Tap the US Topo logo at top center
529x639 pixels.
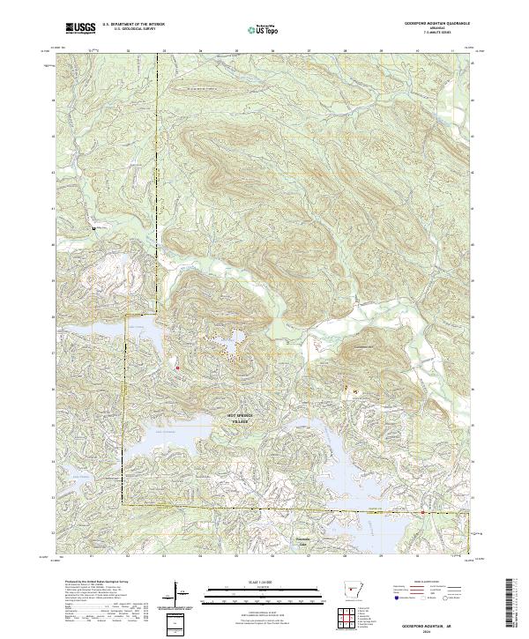264,28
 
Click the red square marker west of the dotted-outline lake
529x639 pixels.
177,368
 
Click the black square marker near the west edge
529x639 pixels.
94,229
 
